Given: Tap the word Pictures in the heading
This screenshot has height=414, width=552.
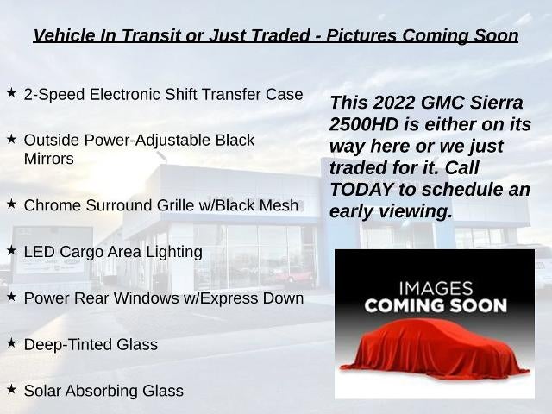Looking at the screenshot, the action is point(361,35).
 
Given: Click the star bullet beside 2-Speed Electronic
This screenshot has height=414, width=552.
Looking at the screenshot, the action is point(11,93).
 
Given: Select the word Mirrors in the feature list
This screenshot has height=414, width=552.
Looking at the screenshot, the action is point(49,159).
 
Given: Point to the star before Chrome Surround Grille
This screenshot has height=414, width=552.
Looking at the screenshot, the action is point(11,204).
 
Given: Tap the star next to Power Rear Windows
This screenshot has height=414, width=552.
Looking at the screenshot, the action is point(11,297).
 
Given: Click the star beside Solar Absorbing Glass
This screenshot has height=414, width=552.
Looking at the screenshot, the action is point(11,389).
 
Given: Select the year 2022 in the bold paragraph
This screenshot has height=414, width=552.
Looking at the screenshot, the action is point(394,103).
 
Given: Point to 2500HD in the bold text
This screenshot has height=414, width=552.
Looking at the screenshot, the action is point(364,124).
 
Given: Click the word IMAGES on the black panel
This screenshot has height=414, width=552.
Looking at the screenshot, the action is point(436,289).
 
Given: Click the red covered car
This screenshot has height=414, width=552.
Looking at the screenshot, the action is point(435,348).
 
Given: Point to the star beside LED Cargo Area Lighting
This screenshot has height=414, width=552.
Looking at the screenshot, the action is point(11,250).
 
